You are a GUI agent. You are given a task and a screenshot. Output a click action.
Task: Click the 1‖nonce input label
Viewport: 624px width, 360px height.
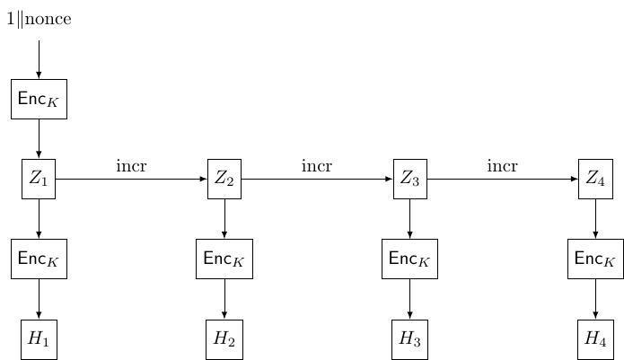click(39, 19)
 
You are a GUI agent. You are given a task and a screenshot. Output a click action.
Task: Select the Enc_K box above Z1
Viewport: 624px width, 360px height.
click(39, 99)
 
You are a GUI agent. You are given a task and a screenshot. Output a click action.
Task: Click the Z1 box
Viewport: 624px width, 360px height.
click(39, 179)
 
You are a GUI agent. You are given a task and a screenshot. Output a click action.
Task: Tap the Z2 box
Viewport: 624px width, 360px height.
click(224, 179)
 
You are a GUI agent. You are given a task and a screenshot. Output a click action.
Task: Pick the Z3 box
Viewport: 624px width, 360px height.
click(409, 179)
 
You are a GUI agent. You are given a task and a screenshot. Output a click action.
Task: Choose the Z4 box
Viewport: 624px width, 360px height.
click(595, 179)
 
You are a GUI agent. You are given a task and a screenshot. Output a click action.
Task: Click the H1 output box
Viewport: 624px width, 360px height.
click(39, 339)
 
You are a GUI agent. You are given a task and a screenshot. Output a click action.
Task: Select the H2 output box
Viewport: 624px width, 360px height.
click(224, 339)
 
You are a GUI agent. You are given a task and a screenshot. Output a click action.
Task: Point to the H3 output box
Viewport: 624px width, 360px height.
click(409, 339)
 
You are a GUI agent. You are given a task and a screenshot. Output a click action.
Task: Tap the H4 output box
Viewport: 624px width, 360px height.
click(595, 339)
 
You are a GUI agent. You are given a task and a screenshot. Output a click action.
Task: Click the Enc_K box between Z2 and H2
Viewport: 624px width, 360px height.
click(224, 259)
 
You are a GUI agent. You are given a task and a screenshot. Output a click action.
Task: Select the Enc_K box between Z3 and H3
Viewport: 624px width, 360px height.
click(409, 259)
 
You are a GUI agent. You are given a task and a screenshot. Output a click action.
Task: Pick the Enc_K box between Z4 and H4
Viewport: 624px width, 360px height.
click(595, 259)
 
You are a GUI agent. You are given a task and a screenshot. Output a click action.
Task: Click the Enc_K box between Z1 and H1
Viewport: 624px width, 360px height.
click(39, 259)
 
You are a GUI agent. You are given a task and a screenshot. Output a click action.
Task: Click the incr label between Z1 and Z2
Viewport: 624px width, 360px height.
click(131, 166)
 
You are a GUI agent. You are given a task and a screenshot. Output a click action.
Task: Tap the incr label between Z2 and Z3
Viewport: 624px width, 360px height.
click(317, 166)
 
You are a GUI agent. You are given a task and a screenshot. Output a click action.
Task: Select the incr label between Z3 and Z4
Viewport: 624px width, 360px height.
click(502, 166)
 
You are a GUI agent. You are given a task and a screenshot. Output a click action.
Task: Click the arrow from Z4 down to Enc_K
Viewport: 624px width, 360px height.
click(595, 219)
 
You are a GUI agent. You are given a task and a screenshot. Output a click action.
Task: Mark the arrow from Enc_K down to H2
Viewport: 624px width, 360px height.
click(224, 299)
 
